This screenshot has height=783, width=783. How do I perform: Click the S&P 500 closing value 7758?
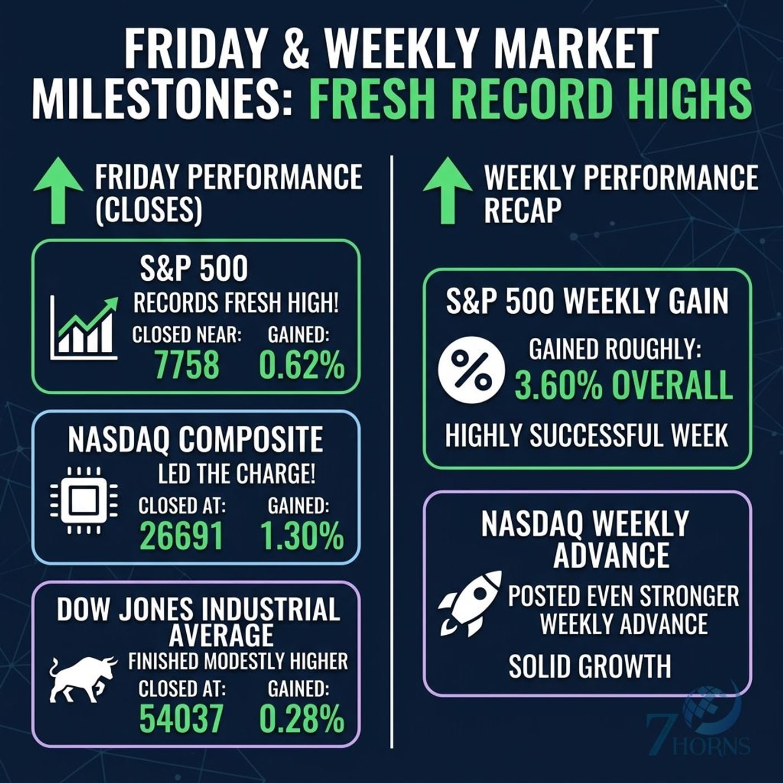(x=187, y=365)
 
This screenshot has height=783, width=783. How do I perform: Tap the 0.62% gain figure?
(x=302, y=365)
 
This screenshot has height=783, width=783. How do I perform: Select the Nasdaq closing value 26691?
(x=182, y=536)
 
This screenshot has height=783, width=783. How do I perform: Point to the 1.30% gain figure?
(x=302, y=536)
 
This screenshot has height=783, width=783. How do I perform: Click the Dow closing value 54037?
(x=182, y=718)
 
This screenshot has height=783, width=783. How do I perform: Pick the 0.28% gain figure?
(x=302, y=718)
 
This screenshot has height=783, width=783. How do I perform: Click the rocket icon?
(x=470, y=603)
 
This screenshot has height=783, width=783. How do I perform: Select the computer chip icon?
(x=84, y=500)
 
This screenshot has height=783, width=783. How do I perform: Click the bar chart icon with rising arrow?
(x=84, y=328)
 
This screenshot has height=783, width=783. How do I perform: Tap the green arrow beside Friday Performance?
(x=58, y=190)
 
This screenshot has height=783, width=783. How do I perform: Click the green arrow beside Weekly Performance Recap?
(x=447, y=190)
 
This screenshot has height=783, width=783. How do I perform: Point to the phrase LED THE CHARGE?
(x=237, y=473)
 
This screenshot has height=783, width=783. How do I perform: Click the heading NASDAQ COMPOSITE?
(x=195, y=440)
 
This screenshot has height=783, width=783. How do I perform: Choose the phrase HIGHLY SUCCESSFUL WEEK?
(x=586, y=435)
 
